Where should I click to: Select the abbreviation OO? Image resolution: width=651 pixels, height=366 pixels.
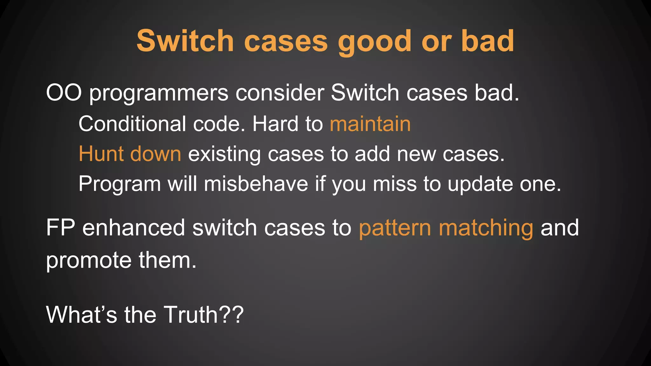coord(64,93)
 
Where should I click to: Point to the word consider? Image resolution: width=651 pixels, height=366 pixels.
coord(279,93)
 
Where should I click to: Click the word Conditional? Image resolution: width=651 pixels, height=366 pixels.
coord(132,124)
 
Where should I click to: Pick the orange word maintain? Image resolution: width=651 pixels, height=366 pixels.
coord(370,124)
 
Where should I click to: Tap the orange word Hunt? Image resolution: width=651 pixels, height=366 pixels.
coord(101,154)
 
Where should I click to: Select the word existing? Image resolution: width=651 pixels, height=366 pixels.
coord(224,154)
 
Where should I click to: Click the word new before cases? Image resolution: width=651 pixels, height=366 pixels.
coord(416,154)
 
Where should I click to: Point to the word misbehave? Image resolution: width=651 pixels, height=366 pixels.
coord(256,184)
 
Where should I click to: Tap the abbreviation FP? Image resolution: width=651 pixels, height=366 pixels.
coord(60,227)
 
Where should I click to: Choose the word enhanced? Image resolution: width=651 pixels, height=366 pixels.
coord(134,227)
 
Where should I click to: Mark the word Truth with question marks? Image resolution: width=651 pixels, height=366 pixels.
coord(203,315)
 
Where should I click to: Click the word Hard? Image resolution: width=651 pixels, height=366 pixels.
coord(275,124)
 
